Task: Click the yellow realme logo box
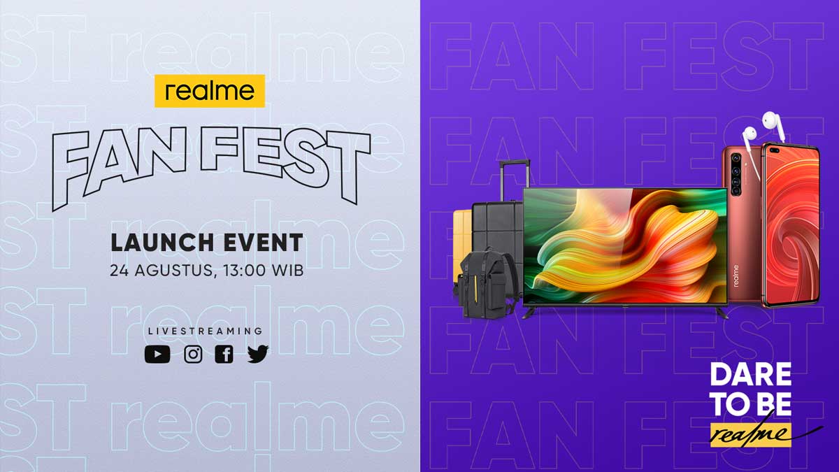(210, 91)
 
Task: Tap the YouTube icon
(157, 354)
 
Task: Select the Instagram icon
(193, 354)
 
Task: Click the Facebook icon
(224, 354)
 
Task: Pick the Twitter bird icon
(258, 354)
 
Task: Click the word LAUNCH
(162, 243)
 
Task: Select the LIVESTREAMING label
(206, 331)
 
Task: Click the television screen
(625, 245)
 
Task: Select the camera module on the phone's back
(736, 174)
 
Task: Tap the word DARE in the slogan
(751, 375)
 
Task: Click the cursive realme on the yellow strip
(752, 434)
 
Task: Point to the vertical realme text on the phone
(736, 276)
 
